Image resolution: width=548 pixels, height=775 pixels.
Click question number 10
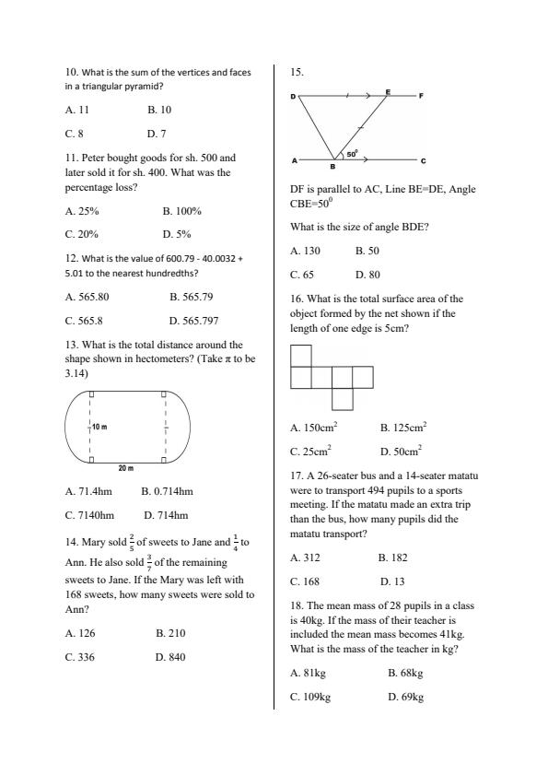tap(71, 71)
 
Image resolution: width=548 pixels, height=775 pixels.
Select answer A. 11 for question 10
tap(77, 110)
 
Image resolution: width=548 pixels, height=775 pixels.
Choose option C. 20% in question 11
tap(82, 234)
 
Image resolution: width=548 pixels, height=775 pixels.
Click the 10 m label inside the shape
tap(99, 428)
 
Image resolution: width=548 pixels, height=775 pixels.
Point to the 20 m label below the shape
tap(127, 467)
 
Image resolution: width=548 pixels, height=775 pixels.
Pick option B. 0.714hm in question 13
tap(167, 491)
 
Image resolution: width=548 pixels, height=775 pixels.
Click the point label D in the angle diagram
tap(293, 97)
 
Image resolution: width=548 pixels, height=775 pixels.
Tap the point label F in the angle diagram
tap(420, 96)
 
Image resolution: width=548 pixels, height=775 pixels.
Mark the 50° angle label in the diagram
tap(352, 154)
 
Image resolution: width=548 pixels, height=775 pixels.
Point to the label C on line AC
tap(422, 162)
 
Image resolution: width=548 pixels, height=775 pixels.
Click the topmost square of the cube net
tap(301, 356)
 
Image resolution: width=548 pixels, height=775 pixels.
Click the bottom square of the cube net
tap(342, 399)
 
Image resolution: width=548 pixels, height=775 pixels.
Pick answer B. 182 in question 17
tap(392, 558)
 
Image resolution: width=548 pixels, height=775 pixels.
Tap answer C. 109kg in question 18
tap(310, 697)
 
